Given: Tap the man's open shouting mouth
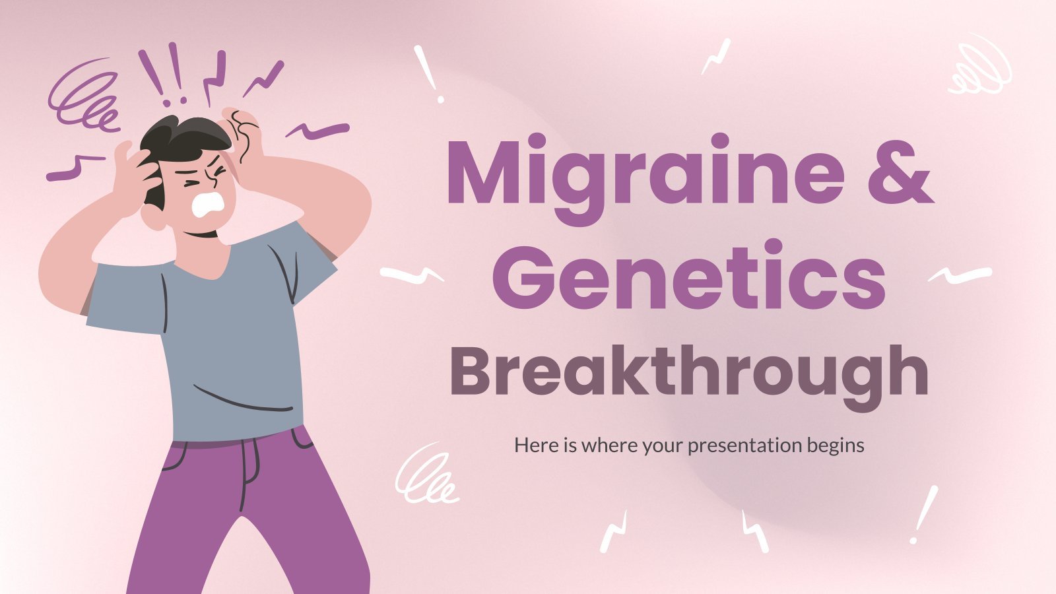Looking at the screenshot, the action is coord(208,205).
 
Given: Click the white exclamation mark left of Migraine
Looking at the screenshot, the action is coord(429,73).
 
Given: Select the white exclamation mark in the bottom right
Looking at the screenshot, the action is coord(924,515).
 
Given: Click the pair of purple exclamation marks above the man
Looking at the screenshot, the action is coord(162,73).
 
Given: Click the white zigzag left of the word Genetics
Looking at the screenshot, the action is coord(412,275).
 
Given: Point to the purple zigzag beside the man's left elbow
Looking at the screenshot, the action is coord(75,168).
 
